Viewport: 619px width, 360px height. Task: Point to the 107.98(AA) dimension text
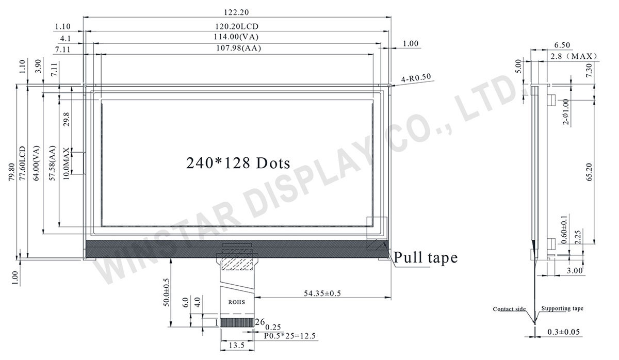pos(237,48)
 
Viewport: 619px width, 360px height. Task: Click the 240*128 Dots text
pos(238,162)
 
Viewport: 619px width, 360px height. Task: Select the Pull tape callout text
pos(426,257)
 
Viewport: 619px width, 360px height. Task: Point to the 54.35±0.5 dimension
pos(322,293)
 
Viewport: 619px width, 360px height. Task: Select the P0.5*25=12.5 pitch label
pos(289,336)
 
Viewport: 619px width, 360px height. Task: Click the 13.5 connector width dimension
pos(236,345)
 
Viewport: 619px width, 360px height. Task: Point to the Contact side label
pos(509,309)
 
